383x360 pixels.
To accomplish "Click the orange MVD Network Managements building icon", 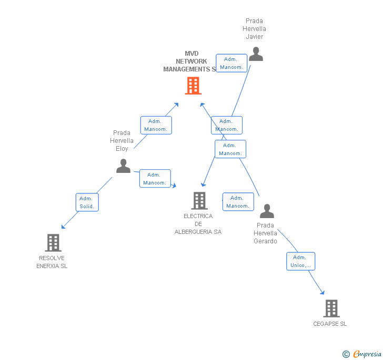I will click(x=193, y=86).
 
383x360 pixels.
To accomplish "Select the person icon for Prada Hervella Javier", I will click(x=256, y=54).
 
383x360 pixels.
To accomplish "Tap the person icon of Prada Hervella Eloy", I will click(x=123, y=166).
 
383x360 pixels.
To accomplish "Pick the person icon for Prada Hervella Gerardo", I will click(x=267, y=211).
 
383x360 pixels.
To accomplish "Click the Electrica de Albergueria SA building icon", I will click(x=199, y=200).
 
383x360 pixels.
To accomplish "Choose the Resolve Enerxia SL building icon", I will click(x=53, y=242).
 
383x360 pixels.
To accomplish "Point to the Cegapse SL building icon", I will click(x=331, y=308).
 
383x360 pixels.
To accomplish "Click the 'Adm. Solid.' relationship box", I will click(x=87, y=202).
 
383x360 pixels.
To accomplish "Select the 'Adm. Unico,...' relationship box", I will click(x=300, y=261).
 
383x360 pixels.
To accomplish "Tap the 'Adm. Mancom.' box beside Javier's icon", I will click(x=231, y=63).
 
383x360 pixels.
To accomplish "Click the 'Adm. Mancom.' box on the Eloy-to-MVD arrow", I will click(x=156, y=125).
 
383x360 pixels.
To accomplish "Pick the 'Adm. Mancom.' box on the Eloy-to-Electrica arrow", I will click(x=155, y=179).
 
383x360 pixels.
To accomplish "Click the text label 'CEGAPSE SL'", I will click(x=330, y=324).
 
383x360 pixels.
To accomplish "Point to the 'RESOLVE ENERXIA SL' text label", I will click(x=52, y=262).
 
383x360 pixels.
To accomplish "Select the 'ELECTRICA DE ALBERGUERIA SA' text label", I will click(x=198, y=224).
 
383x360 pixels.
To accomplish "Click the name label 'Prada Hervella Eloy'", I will click(x=122, y=141).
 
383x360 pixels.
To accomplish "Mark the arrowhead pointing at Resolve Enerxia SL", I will click(x=63, y=227).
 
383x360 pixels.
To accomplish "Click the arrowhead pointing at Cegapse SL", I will click(x=322, y=293).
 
